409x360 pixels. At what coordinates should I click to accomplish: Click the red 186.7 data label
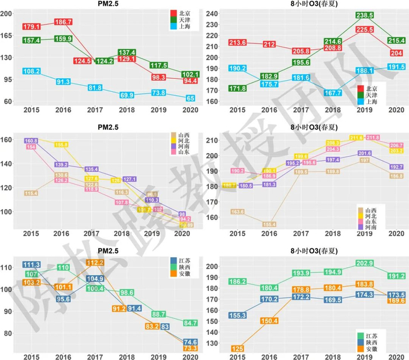click(x=63, y=22)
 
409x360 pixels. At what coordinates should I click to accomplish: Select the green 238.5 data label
click(x=365, y=15)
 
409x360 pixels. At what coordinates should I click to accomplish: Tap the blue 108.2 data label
click(x=31, y=71)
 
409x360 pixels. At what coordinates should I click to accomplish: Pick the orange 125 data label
click(x=238, y=348)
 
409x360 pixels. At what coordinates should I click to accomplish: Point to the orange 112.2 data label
click(x=95, y=263)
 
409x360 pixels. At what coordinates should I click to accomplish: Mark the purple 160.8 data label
click(x=31, y=141)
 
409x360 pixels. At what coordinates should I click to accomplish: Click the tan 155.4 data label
click(x=269, y=224)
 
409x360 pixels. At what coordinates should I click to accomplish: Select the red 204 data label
click(x=396, y=53)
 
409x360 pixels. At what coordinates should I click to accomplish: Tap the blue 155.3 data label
click(x=238, y=315)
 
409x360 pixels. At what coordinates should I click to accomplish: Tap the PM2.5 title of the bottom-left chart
click(x=105, y=252)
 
